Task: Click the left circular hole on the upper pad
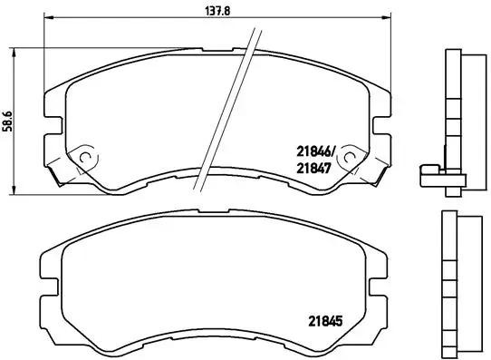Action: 87,157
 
